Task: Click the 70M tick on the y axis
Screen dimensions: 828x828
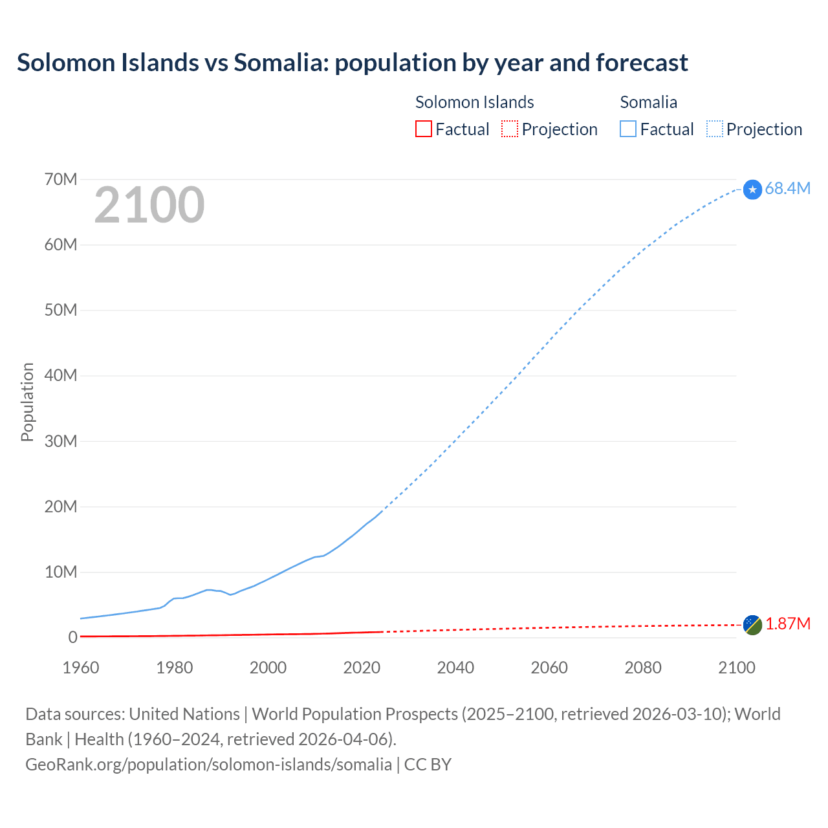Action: (x=61, y=179)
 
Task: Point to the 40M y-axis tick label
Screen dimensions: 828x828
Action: (x=61, y=375)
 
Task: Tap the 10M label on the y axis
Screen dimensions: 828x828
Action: (x=61, y=572)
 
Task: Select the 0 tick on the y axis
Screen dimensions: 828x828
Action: (x=72, y=637)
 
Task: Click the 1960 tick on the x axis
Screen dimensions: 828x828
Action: (x=81, y=668)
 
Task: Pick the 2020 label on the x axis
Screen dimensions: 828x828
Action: (x=362, y=668)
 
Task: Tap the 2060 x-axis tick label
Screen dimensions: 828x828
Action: (x=549, y=668)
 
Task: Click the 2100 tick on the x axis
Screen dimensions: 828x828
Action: (x=736, y=668)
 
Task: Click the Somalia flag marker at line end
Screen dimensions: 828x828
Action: (x=752, y=190)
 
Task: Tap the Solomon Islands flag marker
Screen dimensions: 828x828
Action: (x=752, y=625)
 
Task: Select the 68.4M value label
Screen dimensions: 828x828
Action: (x=787, y=188)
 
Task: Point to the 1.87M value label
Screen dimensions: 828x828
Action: (x=787, y=624)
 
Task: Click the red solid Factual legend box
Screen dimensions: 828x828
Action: (x=423, y=129)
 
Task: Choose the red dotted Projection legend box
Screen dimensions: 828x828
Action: (x=510, y=129)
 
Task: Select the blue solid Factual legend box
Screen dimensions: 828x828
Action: (x=628, y=129)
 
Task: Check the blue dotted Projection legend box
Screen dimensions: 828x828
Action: (x=715, y=129)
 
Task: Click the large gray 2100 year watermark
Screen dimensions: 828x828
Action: (x=149, y=205)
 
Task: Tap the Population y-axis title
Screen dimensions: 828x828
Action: (x=27, y=402)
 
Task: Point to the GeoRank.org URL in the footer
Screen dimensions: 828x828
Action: (x=208, y=764)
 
